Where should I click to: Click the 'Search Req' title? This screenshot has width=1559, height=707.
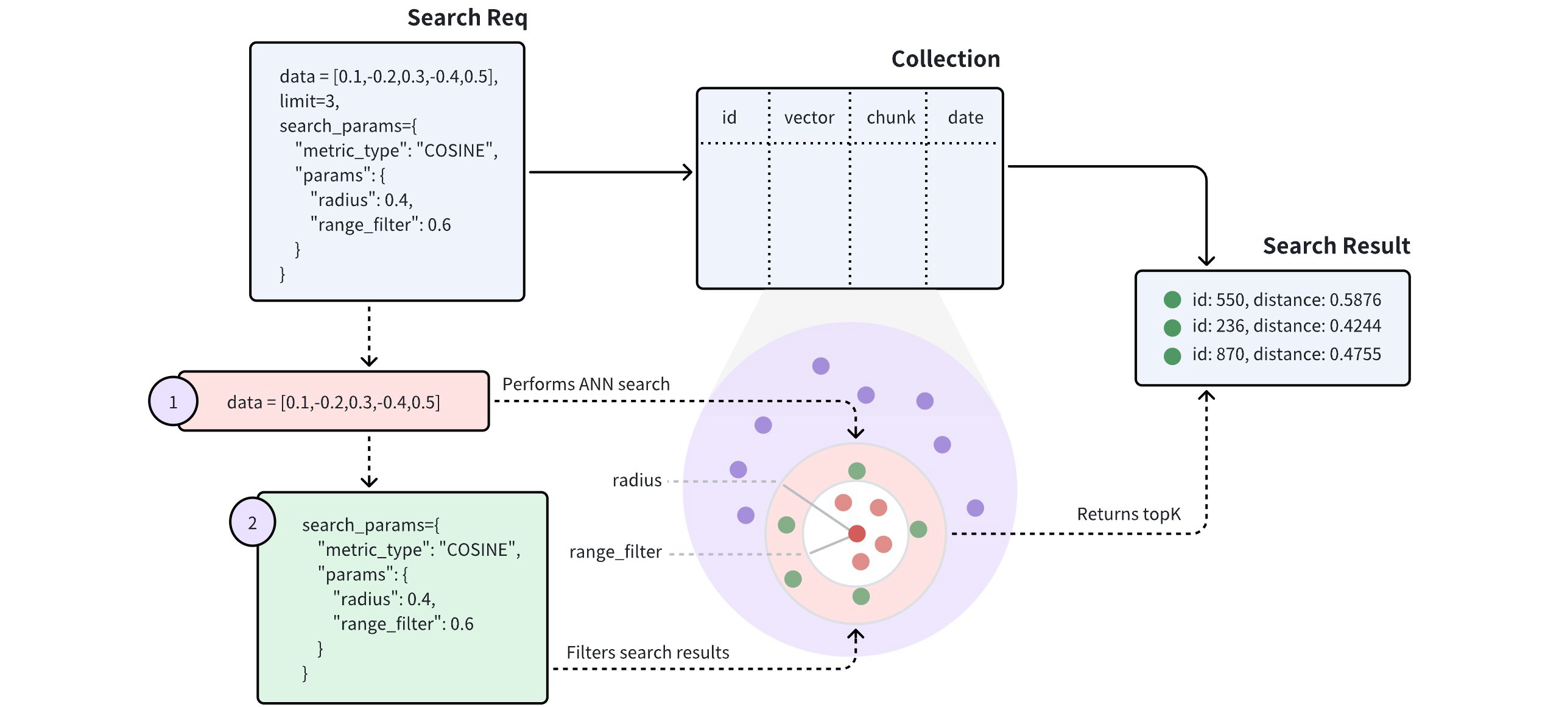click(x=467, y=18)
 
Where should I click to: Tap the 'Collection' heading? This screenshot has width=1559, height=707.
click(x=945, y=59)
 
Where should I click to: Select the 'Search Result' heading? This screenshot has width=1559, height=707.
click(x=1336, y=246)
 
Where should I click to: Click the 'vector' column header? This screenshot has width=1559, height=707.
click(x=809, y=117)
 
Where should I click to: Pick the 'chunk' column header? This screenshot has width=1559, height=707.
click(x=890, y=117)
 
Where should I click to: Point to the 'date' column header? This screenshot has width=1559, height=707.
click(x=965, y=117)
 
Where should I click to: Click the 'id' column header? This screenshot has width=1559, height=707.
click(x=729, y=117)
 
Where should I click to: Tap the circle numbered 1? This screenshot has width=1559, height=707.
click(x=173, y=402)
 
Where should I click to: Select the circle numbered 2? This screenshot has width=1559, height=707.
click(x=252, y=522)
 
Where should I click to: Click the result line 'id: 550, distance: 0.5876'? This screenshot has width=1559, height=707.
click(x=1286, y=299)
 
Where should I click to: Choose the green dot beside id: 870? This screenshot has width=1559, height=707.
click(x=1172, y=356)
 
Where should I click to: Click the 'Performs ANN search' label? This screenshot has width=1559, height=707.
click(x=586, y=384)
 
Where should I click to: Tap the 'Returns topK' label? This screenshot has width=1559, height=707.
click(x=1128, y=514)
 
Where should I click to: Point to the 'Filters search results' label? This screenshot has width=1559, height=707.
click(x=647, y=652)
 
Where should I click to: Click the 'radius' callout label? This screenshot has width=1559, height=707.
click(x=636, y=480)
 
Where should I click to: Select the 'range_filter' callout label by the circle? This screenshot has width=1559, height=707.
click(x=615, y=552)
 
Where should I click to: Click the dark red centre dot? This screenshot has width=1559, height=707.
click(x=857, y=533)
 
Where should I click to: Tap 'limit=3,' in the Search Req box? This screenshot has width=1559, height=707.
click(x=309, y=101)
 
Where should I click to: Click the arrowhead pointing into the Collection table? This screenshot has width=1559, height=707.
click(x=688, y=172)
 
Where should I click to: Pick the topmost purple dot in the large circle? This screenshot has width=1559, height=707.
click(x=821, y=366)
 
